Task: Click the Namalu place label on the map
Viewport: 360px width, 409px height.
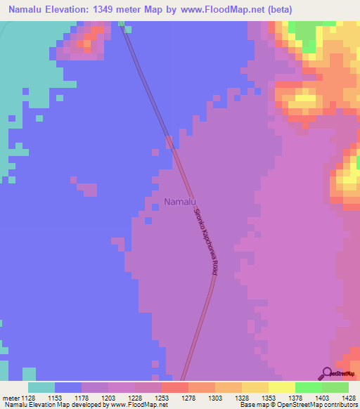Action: click(x=179, y=202)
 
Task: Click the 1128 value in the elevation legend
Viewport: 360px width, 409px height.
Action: click(x=28, y=397)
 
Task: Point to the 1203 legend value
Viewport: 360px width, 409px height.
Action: click(x=108, y=397)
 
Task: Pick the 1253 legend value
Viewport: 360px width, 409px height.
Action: click(x=162, y=397)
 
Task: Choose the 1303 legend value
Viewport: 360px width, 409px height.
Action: click(x=215, y=397)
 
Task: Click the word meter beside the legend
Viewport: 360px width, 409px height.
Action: click(x=9, y=397)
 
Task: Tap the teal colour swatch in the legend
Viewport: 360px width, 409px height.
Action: click(x=41, y=387)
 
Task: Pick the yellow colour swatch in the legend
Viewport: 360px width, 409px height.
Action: click(x=282, y=387)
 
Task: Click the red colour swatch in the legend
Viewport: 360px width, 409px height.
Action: click(x=175, y=387)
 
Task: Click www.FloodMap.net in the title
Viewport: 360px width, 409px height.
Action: click(x=217, y=10)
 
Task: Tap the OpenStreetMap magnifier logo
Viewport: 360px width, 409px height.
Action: click(x=326, y=372)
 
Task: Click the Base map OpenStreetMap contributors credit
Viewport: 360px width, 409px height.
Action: click(x=297, y=405)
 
